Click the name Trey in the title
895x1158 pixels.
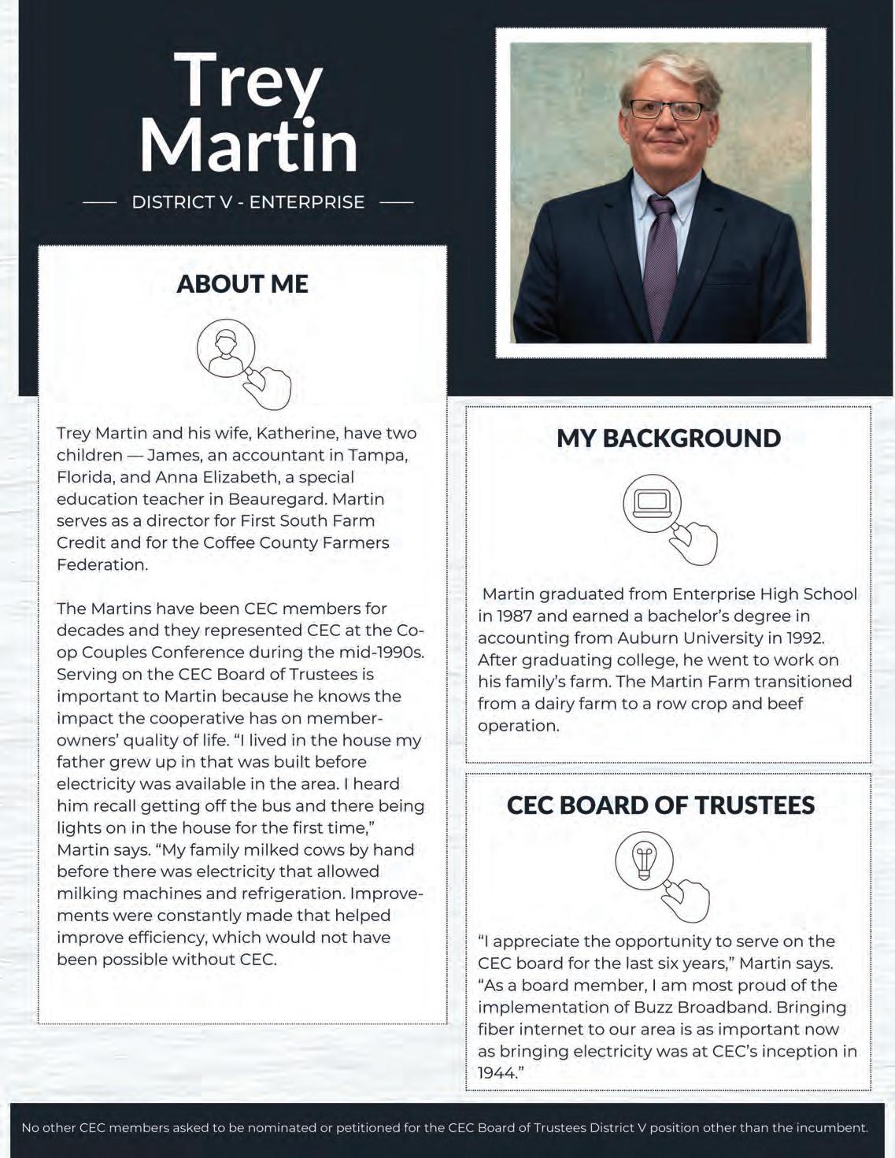(x=248, y=81)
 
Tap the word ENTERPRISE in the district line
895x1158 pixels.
(x=307, y=202)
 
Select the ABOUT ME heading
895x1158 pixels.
(x=242, y=284)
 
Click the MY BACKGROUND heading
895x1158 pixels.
(x=668, y=438)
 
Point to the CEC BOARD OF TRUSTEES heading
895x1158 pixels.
(x=660, y=805)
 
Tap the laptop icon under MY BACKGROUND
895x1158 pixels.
(x=652, y=501)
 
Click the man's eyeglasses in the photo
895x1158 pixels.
(x=666, y=111)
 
